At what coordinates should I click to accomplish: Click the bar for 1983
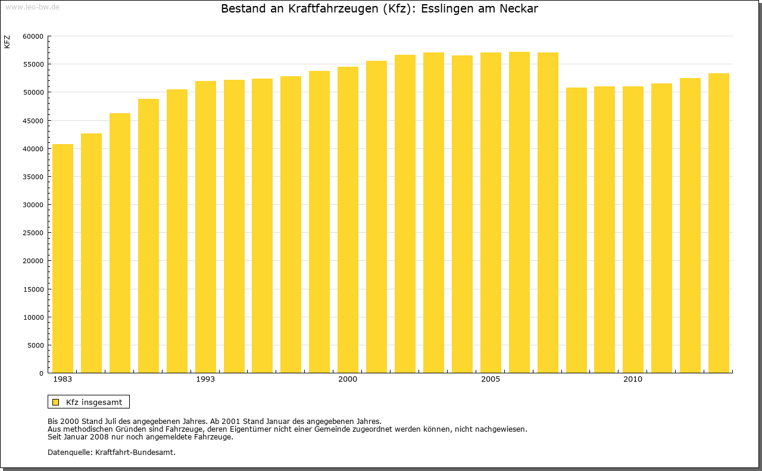point(63,258)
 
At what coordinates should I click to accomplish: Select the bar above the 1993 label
point(205,227)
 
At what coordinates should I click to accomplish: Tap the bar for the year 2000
point(348,220)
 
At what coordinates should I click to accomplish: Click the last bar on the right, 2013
point(719,223)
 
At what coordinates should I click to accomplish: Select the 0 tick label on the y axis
point(41,373)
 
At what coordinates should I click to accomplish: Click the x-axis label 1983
point(63,379)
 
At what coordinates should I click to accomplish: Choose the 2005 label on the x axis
point(491,379)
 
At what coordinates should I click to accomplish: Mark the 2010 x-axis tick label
point(633,379)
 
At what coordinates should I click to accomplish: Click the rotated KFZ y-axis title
point(7,42)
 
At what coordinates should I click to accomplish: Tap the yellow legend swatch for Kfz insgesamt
point(55,402)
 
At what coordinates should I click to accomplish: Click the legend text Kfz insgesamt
point(94,402)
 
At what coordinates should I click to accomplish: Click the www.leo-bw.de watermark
point(32,6)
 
